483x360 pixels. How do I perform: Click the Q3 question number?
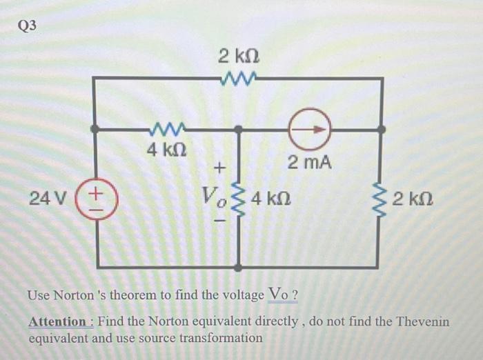[x=28, y=26]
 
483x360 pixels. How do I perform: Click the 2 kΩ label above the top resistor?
[x=239, y=54]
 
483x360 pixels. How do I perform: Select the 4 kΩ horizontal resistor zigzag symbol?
[x=165, y=128]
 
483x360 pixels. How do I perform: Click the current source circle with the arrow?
[x=310, y=129]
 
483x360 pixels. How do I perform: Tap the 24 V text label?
[x=48, y=199]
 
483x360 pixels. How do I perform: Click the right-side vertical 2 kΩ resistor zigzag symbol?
[x=377, y=199]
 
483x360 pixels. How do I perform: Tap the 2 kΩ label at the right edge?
[x=411, y=200]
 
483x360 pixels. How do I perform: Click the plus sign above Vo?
[x=219, y=167]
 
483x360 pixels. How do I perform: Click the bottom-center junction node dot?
[x=239, y=267]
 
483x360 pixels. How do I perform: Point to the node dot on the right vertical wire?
[x=380, y=128]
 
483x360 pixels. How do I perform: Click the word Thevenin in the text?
[x=424, y=321]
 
